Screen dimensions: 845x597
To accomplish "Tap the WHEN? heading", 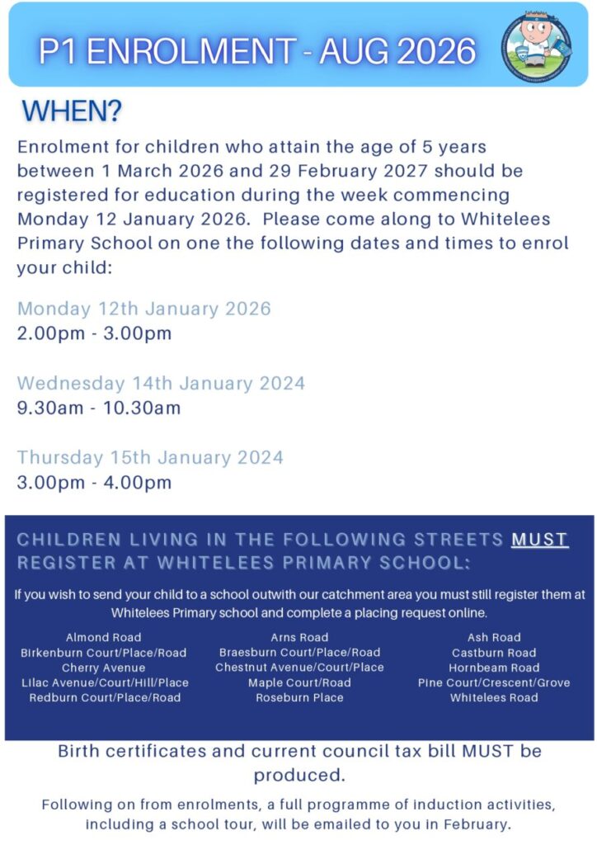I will [72, 111].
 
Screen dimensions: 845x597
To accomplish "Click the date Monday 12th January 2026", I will [144, 309].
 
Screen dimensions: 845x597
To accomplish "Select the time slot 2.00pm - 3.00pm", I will [94, 333].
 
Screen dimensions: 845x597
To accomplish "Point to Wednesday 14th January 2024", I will [161, 383].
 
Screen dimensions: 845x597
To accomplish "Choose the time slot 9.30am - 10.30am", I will [99, 408].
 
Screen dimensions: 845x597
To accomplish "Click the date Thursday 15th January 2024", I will [150, 457].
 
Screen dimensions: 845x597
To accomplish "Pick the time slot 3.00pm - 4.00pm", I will [94, 482].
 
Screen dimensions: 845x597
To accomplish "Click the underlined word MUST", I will [540, 540].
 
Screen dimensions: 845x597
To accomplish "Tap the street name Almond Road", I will [104, 637].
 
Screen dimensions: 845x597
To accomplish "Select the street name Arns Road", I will [299, 637].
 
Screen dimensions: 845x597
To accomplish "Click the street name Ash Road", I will [494, 637].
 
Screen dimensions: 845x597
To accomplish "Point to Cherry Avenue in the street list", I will [104, 668].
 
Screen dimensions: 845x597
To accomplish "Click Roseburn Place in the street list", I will [299, 697].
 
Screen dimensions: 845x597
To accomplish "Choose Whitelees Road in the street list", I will [494, 697].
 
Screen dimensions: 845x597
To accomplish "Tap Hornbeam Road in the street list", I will [494, 668].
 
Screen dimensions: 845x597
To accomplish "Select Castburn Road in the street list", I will [494, 653].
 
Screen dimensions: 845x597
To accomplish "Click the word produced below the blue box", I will [298, 776].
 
